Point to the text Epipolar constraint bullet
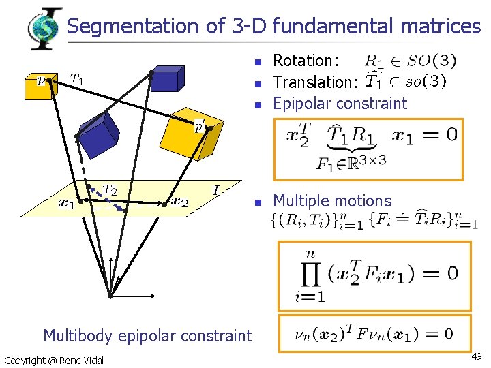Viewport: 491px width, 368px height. click(340, 104)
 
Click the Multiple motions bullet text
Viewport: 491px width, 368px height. click(332, 201)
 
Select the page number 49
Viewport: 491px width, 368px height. click(477, 356)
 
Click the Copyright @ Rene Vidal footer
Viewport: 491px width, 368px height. click(54, 360)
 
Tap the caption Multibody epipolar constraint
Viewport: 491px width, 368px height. click(147, 335)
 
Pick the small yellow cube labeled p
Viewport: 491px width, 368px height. click(39, 86)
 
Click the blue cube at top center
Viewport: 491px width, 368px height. click(167, 78)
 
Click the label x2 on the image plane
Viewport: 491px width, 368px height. click(180, 201)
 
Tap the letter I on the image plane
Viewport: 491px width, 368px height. click(216, 189)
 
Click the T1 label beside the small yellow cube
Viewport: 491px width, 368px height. click(77, 78)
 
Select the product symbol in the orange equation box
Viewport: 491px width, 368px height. click(310, 272)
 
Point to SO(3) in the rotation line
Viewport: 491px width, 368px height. click(434, 61)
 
